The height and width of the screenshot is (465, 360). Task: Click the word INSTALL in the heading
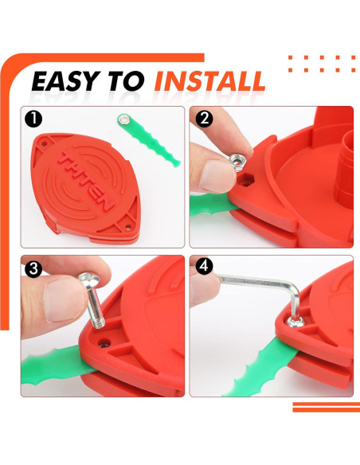[210, 81]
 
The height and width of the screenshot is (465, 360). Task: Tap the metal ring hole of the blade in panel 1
[123, 118]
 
